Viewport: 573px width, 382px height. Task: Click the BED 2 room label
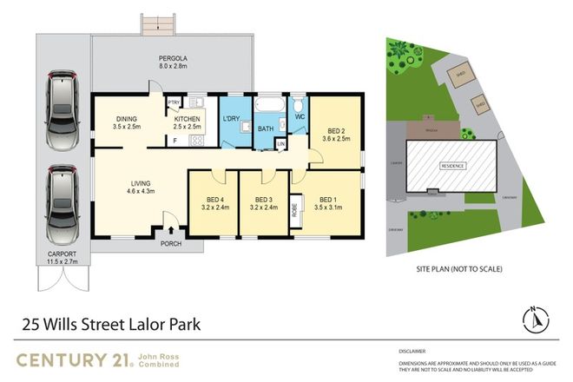point(336,128)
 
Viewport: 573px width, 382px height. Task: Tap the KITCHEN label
point(187,122)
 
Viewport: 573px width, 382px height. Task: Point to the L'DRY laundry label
point(231,118)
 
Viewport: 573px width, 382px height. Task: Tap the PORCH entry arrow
point(170,230)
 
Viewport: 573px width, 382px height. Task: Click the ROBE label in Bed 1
point(295,207)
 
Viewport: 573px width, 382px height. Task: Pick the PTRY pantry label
point(173,102)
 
